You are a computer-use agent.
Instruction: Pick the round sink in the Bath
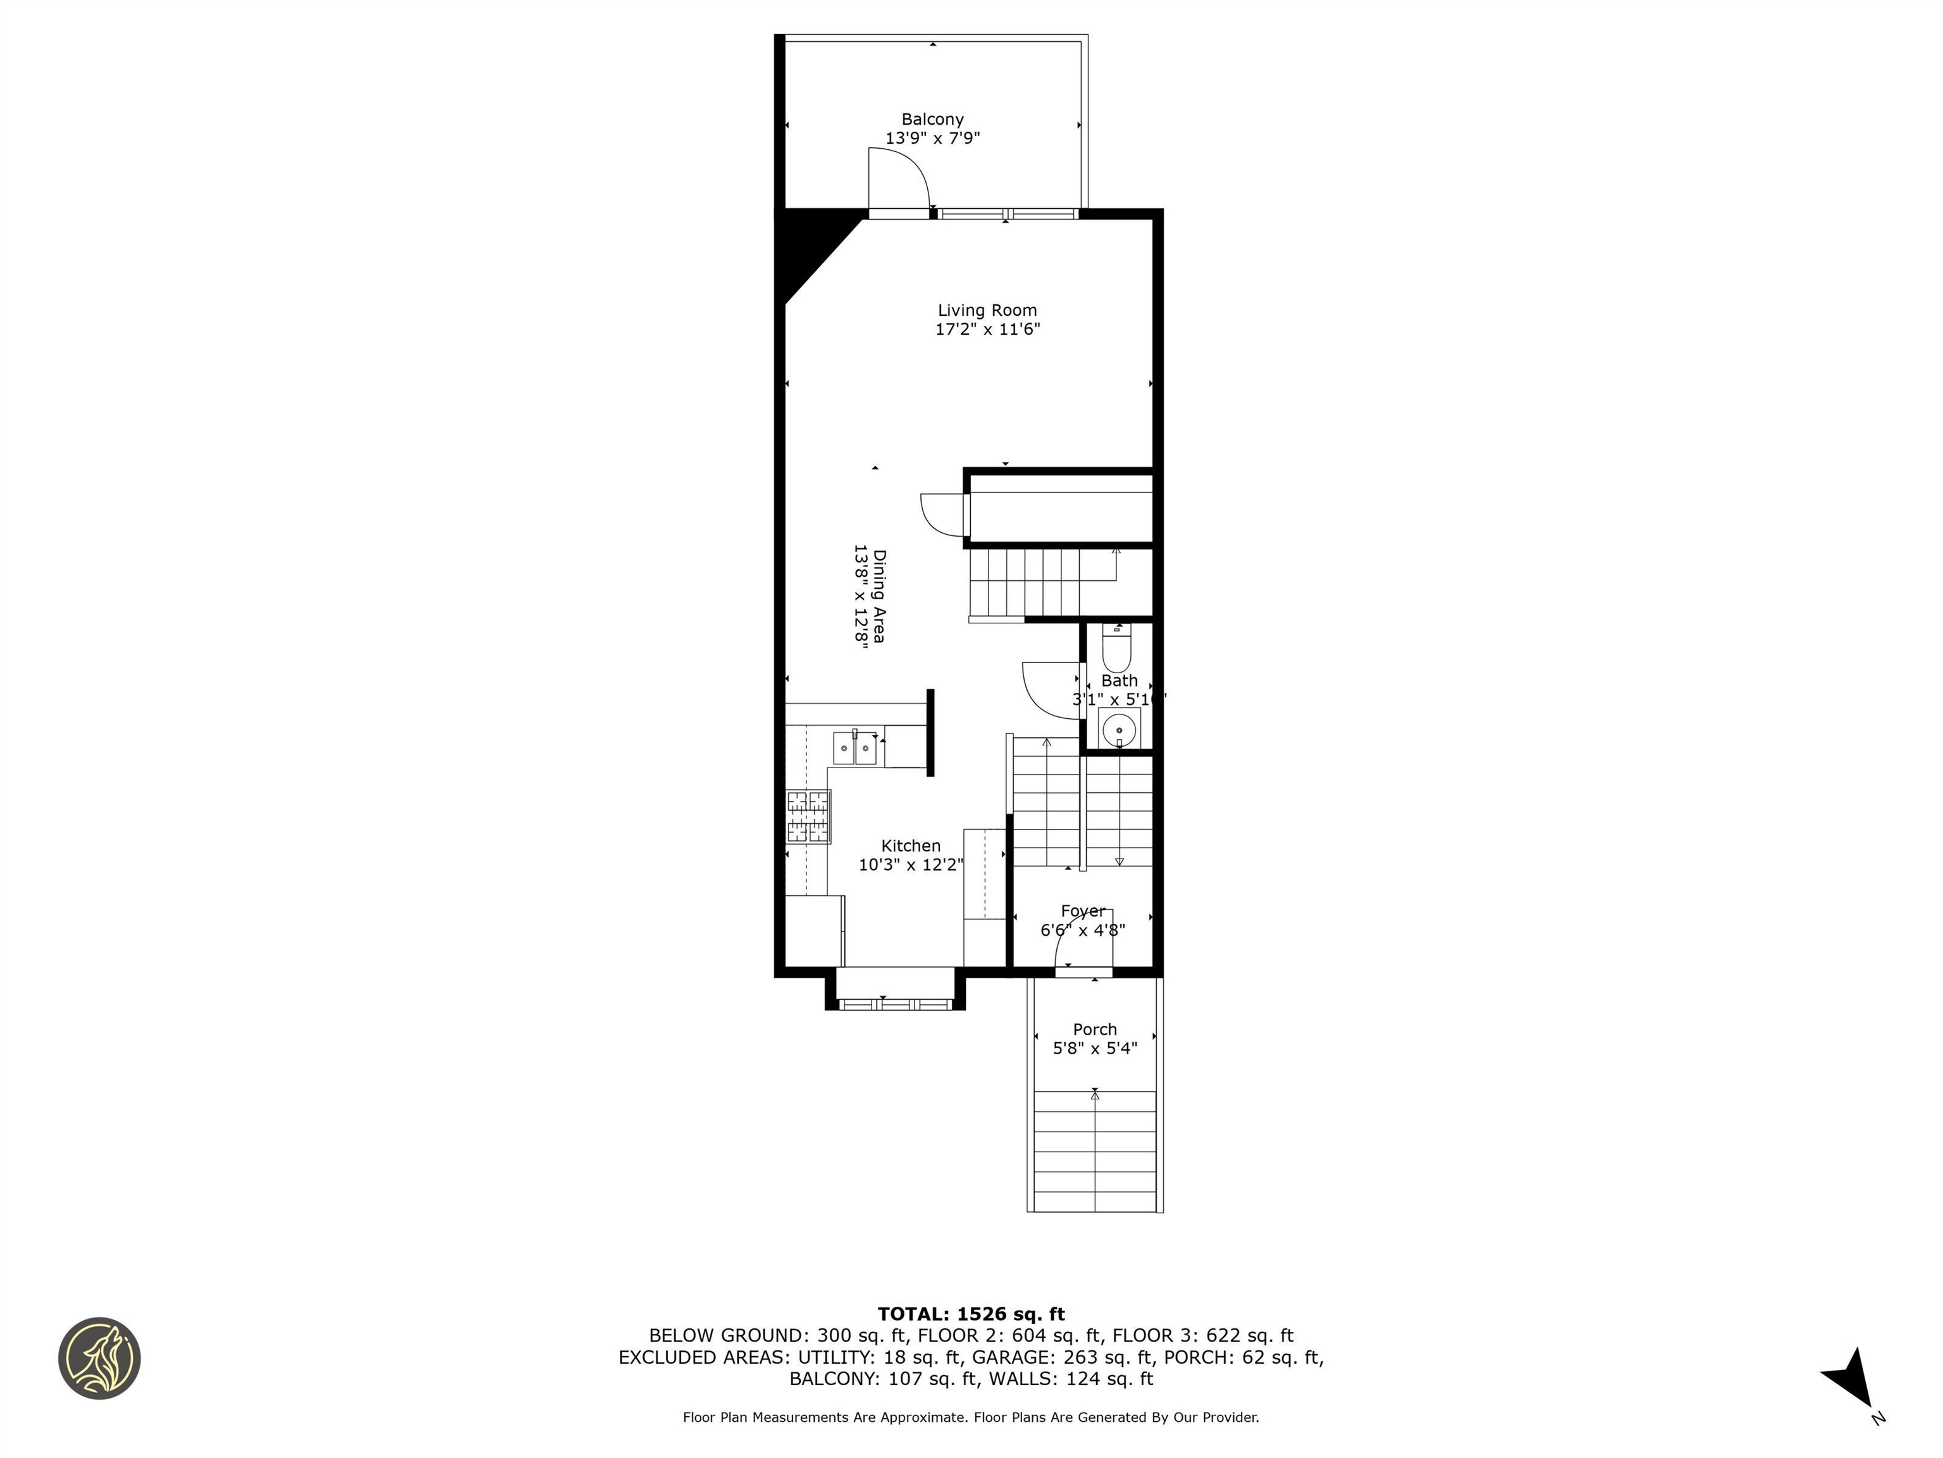(1119, 728)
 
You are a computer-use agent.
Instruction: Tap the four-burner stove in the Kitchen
(808, 816)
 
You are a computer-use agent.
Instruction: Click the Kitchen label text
(911, 845)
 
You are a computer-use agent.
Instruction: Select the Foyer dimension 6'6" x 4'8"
(1082, 930)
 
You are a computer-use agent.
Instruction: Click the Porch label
(1094, 1029)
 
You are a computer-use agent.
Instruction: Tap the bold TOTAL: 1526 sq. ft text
(971, 1314)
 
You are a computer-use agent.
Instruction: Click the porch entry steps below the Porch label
(1094, 1151)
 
